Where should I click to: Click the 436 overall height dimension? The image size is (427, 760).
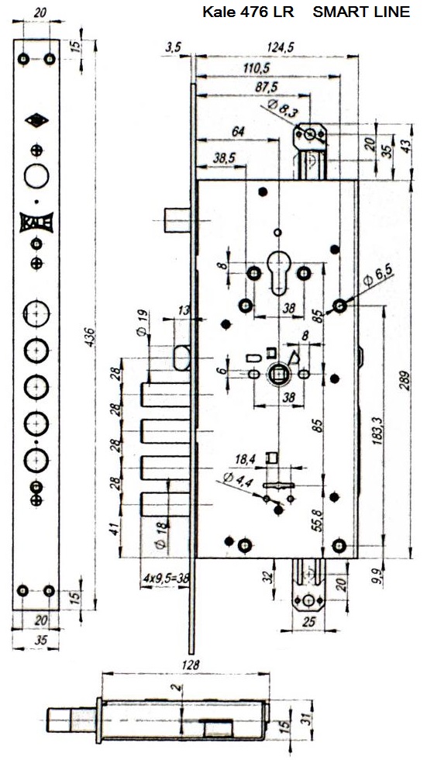[91, 338]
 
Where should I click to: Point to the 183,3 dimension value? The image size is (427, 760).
[378, 428]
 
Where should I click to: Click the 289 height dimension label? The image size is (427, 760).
[405, 381]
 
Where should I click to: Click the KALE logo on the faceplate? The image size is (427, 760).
[36, 222]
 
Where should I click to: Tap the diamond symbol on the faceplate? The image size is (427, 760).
[36, 119]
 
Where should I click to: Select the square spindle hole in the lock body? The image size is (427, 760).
[278, 375]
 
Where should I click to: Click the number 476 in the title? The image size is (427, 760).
[251, 12]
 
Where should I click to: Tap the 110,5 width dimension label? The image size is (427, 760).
[257, 68]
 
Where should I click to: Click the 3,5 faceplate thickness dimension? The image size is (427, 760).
[173, 47]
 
